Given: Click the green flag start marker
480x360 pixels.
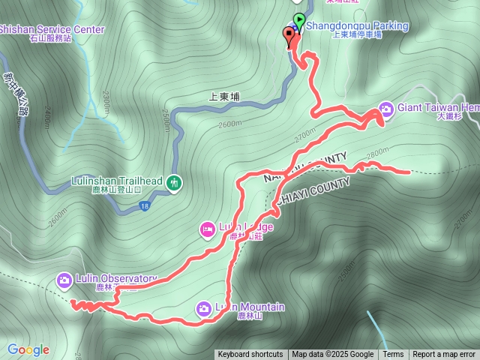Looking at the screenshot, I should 299,20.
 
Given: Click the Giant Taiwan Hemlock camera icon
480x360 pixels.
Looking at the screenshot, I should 385,108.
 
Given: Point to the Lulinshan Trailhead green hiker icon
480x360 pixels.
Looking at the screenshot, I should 174,181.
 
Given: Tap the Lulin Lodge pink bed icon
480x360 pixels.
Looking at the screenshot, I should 206,228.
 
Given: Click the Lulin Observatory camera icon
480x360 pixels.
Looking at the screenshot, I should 64,280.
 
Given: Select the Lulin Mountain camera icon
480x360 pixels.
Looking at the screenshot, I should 203,307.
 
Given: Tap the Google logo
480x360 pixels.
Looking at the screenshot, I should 28,349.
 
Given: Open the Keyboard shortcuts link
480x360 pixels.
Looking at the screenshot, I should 250,355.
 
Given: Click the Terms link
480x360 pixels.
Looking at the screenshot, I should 393,355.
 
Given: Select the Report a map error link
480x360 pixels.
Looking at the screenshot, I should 444,355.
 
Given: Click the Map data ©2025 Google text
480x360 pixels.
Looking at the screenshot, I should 332,355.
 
